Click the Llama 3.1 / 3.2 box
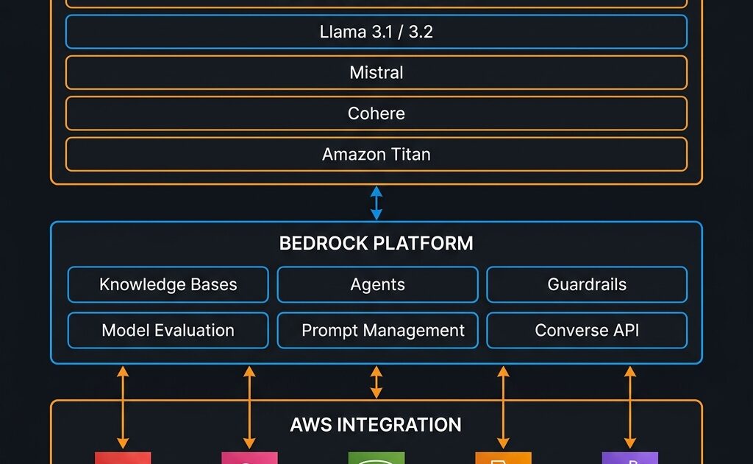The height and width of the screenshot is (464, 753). (x=376, y=32)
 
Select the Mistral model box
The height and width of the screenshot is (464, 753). (x=376, y=72)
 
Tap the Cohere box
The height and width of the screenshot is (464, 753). (x=376, y=113)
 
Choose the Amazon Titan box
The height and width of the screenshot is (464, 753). (x=376, y=154)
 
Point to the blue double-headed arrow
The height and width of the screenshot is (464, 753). (x=376, y=203)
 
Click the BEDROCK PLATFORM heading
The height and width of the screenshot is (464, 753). (x=376, y=244)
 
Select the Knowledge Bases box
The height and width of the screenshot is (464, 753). (x=168, y=285)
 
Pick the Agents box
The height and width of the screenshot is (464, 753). (x=377, y=285)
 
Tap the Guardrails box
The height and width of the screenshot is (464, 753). (x=587, y=285)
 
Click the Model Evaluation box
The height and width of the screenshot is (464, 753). (x=168, y=331)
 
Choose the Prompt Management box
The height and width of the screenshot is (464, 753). (x=377, y=331)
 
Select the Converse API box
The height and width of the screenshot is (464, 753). (x=587, y=331)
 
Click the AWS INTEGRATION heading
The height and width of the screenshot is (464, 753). (x=376, y=425)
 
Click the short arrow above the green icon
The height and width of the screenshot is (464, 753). (x=376, y=382)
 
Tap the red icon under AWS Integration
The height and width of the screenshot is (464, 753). (x=123, y=458)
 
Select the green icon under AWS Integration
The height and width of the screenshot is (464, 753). (x=376, y=458)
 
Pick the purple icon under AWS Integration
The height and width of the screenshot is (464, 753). (x=629, y=458)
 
